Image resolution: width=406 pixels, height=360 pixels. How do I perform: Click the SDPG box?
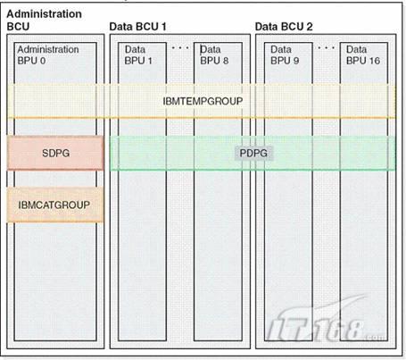pyautogui.click(x=55, y=153)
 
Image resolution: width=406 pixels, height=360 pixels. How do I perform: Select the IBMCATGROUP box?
pyautogui.click(x=55, y=205)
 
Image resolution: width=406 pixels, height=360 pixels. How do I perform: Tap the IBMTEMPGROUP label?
pyautogui.click(x=203, y=101)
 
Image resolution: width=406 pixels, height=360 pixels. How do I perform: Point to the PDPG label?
pyautogui.click(x=253, y=153)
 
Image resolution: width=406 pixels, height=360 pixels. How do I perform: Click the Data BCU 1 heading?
pyautogui.click(x=137, y=27)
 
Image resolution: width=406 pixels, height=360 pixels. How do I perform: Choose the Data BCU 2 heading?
pyautogui.click(x=284, y=27)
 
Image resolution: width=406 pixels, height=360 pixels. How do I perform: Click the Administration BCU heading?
pyautogui.click(x=44, y=21)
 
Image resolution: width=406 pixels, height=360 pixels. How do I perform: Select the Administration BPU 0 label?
pyautogui.click(x=48, y=54)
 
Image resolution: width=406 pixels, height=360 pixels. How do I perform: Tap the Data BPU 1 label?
pyautogui.click(x=138, y=54)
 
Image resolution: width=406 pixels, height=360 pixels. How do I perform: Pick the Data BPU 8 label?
pyautogui.click(x=214, y=54)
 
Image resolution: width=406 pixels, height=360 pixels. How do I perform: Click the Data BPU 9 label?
pyautogui.click(x=285, y=54)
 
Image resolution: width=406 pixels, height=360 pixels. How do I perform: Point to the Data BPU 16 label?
pyautogui.click(x=363, y=54)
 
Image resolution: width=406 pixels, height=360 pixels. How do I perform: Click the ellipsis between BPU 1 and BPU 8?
pyautogui.click(x=180, y=47)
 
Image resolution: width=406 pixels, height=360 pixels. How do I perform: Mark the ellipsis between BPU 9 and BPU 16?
pyautogui.click(x=327, y=47)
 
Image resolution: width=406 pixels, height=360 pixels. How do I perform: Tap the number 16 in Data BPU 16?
pyautogui.click(x=375, y=61)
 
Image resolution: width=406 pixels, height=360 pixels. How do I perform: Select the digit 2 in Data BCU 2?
pyautogui.click(x=310, y=27)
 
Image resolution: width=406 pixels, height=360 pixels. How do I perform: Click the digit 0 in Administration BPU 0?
pyautogui.click(x=43, y=61)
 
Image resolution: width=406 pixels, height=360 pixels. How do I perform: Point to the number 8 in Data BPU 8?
pyautogui.click(x=226, y=61)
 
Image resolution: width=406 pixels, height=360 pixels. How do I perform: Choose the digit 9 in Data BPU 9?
pyautogui.click(x=296, y=61)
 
